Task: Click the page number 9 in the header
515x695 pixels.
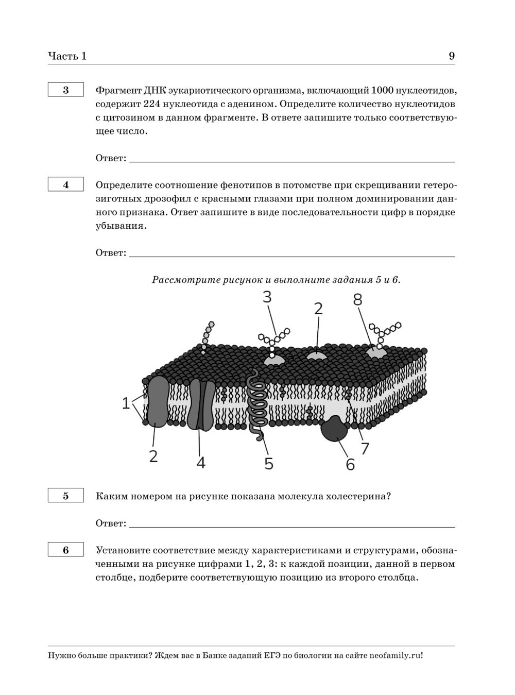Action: click(452, 56)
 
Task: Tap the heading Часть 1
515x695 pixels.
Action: click(67, 56)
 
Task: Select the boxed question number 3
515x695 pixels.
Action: click(66, 90)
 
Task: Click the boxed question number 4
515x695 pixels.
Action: click(66, 184)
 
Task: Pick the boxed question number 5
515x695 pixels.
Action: click(66, 496)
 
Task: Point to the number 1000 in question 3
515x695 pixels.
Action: click(382, 90)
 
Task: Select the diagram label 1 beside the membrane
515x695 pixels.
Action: click(126, 403)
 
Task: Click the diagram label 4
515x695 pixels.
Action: click(201, 463)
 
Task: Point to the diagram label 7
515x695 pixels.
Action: click(365, 449)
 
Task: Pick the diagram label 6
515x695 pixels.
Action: click(350, 464)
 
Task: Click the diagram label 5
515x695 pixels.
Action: click(269, 464)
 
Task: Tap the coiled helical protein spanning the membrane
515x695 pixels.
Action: click(257, 404)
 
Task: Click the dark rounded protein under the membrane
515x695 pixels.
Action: click(334, 428)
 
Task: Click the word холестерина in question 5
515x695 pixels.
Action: click(358, 496)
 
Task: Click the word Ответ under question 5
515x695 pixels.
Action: click(111, 523)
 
